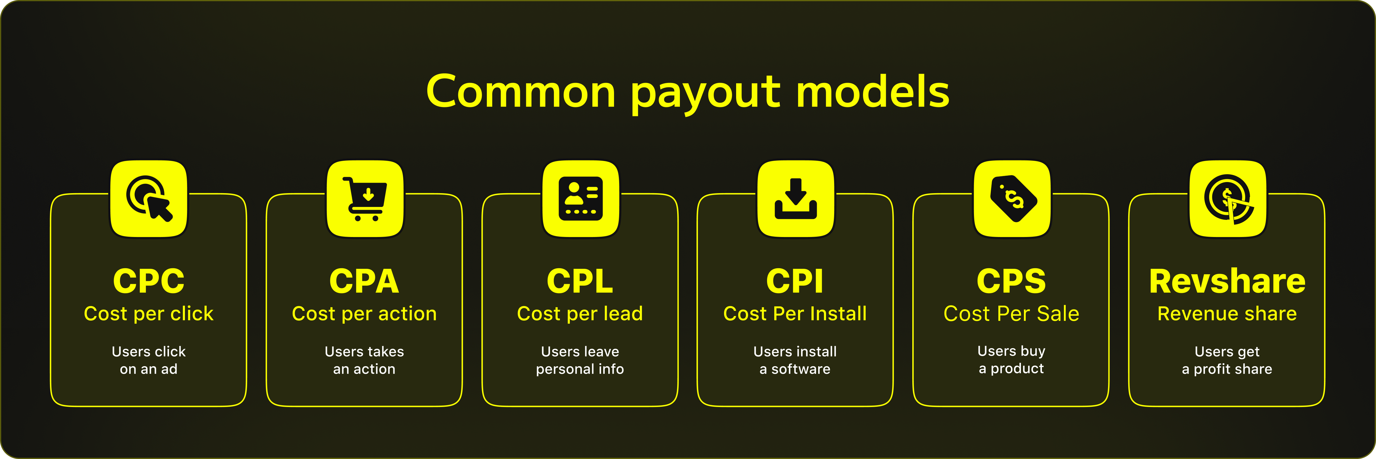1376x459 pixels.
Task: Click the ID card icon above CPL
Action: point(581,199)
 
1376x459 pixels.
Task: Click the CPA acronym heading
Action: point(364,281)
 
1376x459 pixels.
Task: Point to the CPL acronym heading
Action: point(580,281)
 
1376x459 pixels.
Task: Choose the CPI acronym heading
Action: point(795,281)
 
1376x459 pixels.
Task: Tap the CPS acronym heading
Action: point(1011,281)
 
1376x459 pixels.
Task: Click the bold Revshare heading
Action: point(1227,281)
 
